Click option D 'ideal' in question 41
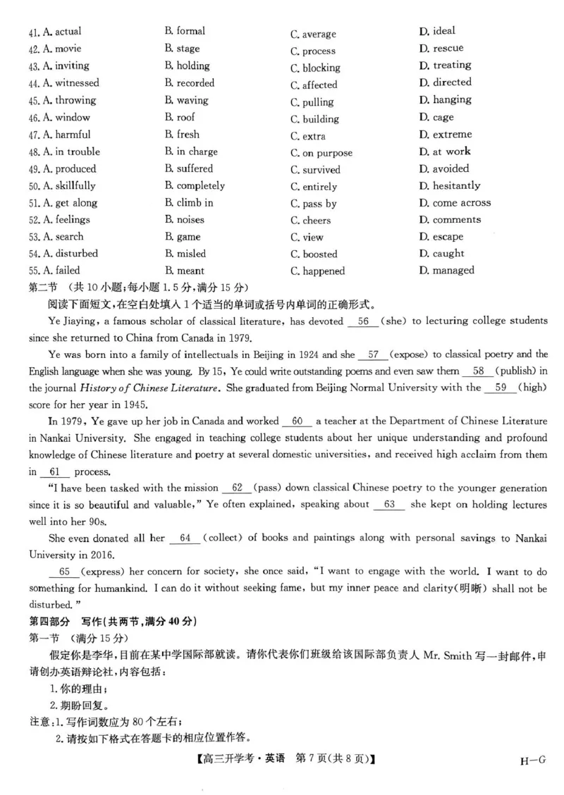point(436,31)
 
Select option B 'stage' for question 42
point(182,49)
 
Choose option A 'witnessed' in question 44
point(70,82)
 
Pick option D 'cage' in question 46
point(436,117)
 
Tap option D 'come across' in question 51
point(454,202)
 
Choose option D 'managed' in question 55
point(446,270)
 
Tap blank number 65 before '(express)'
point(64,572)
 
